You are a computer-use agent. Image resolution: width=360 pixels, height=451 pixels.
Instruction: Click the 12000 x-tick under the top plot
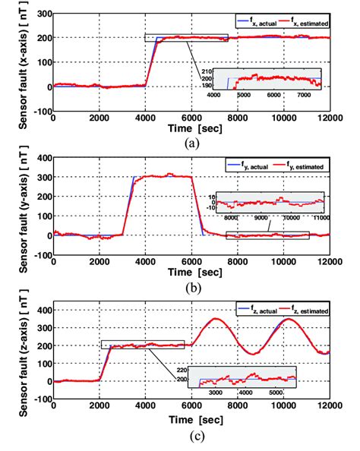point(328,118)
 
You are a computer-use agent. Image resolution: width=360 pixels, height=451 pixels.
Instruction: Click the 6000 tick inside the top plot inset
point(273,96)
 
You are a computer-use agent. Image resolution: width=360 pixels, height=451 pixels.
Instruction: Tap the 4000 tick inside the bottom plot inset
point(244,393)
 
